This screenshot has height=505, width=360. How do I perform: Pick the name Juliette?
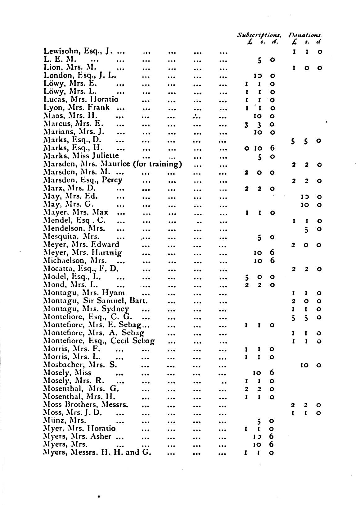point(104,156)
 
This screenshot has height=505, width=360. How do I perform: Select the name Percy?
point(112,180)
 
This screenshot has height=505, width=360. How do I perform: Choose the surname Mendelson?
point(64,229)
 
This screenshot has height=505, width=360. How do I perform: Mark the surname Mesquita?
point(61,237)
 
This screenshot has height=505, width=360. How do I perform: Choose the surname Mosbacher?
point(64,365)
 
